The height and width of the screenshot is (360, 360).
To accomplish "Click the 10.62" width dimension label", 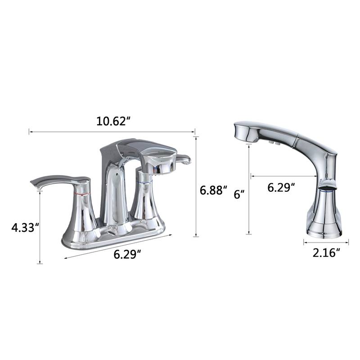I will (112, 121).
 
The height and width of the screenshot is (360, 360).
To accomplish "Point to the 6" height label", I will (240, 194).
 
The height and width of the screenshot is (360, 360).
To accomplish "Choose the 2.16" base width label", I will (326, 253).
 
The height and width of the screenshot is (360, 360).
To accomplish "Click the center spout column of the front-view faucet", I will (114, 193).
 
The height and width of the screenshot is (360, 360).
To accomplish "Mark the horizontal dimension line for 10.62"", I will (112, 132).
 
